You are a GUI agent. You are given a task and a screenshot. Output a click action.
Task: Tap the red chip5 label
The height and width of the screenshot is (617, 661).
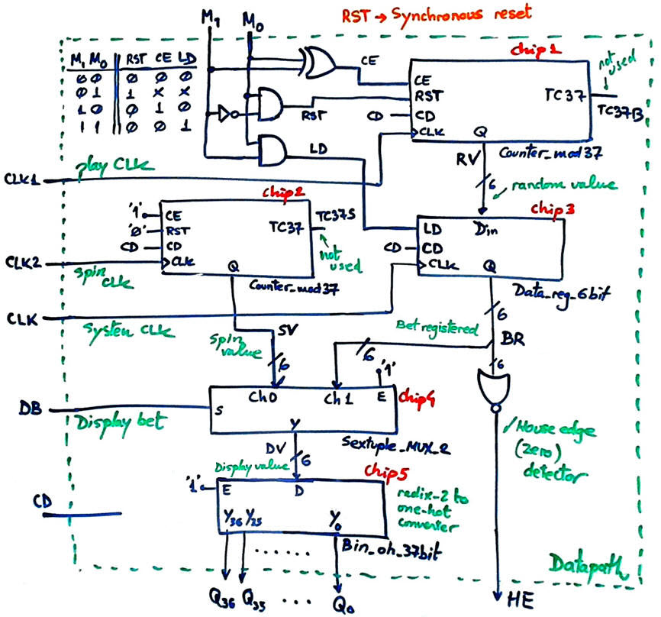pyautogui.click(x=383, y=468)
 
